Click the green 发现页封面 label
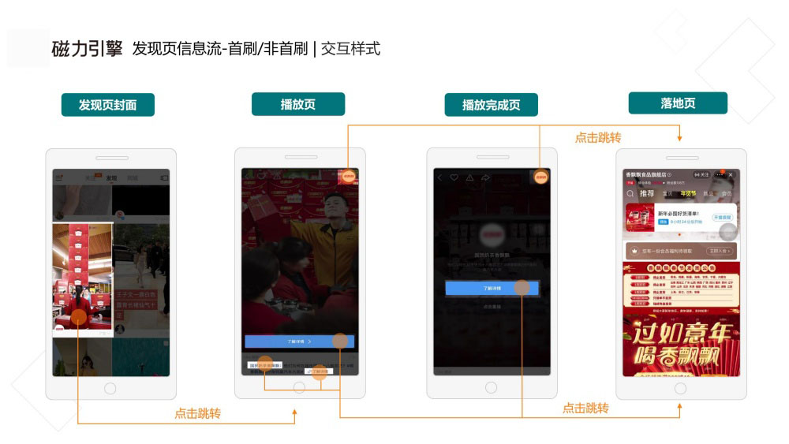[107, 105]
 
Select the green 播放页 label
[297, 104]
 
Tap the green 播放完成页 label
[491, 105]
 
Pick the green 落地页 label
[678, 103]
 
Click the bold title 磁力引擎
[87, 49]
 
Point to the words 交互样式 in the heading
[350, 49]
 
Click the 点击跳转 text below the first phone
[197, 413]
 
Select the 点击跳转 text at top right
[597, 137]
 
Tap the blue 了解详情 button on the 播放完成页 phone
[491, 289]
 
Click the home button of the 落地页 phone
[680, 388]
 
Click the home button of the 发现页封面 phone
[110, 388]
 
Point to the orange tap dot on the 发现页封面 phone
[78, 317]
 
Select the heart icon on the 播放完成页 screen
[454, 178]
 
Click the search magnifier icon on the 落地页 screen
[630, 193]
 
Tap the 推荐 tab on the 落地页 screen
[646, 193]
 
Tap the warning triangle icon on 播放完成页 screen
[469, 178]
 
